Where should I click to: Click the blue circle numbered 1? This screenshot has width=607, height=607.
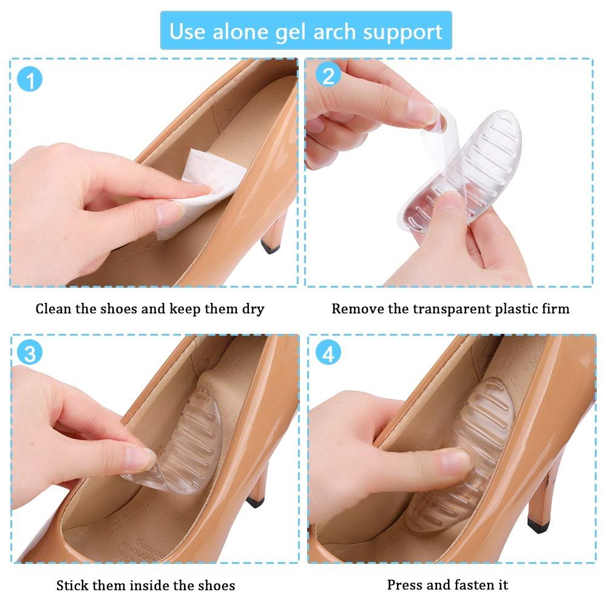coord(30,80)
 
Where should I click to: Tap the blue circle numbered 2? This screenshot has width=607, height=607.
coord(328,75)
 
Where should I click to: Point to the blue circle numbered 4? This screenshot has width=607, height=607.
coord(328,353)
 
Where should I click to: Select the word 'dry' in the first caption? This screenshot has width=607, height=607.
coord(253,310)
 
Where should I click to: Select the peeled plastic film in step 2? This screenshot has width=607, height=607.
coord(439,143)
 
